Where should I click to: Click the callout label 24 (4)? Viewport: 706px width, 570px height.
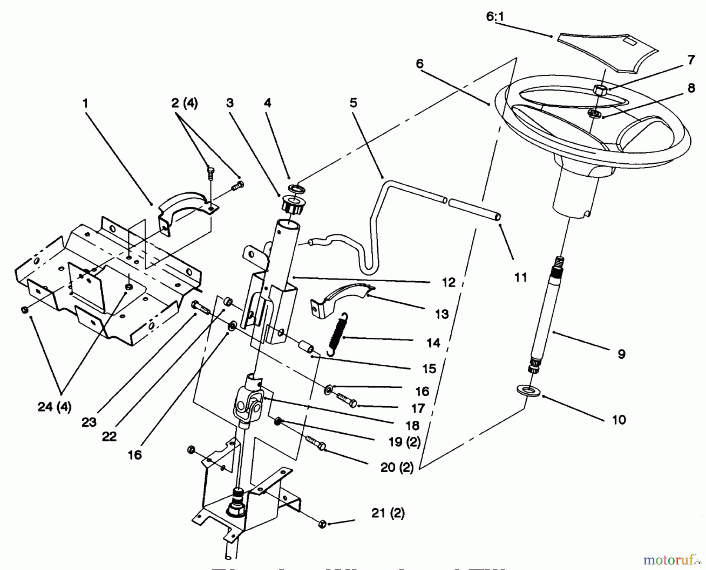pos(55,407)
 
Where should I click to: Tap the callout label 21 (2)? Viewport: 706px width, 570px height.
pos(388,513)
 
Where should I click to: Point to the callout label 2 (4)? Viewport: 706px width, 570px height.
pos(184,103)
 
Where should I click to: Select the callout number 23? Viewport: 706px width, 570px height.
pos(89,422)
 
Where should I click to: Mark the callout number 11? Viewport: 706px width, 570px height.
pos(520,277)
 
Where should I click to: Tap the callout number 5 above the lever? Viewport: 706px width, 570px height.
pos(353,103)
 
